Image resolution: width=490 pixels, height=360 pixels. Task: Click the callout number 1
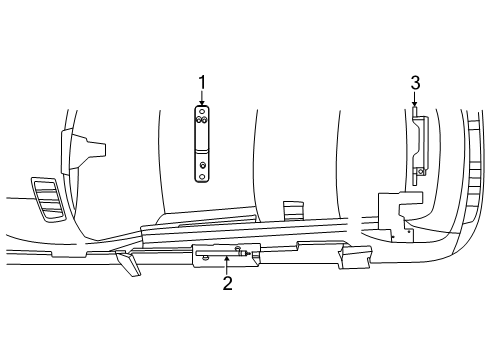point(202,82)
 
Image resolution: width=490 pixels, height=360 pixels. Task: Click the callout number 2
point(228,283)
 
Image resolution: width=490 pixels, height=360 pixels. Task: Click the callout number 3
point(415,83)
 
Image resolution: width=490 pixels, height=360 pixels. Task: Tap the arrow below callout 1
point(202,98)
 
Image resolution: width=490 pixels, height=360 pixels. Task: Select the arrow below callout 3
point(414,99)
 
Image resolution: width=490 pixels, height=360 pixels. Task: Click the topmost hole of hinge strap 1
point(202,111)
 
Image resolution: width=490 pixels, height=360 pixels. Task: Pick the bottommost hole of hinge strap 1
point(202,177)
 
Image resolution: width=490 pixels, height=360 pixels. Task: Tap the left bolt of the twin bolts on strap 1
point(199,120)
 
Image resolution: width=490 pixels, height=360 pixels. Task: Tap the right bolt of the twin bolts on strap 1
point(204,120)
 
